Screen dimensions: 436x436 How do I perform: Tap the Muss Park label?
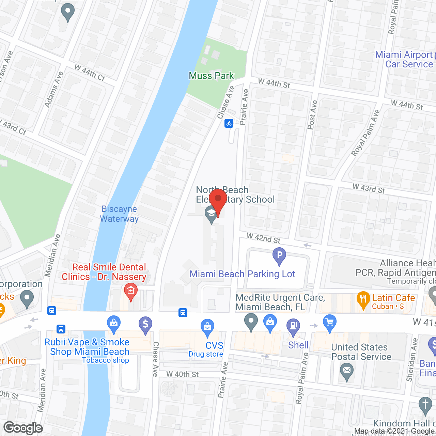211,76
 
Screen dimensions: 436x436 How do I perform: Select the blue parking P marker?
279,256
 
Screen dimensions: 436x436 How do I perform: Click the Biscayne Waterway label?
119,214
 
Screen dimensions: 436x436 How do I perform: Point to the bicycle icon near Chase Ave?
229,123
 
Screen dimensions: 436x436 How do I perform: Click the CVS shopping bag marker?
207,327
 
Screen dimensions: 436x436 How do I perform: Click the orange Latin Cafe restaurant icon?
363,300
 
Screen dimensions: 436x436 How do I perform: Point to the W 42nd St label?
263,238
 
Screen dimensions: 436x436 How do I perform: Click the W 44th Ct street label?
90,73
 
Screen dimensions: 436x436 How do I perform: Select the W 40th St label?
183,374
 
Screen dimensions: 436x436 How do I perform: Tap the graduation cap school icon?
211,215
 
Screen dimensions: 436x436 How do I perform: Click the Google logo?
23,428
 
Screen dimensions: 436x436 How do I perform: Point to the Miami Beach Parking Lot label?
242,274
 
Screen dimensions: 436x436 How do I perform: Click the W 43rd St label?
369,188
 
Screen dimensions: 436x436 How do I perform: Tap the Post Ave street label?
312,115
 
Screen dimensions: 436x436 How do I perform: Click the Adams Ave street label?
54,89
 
